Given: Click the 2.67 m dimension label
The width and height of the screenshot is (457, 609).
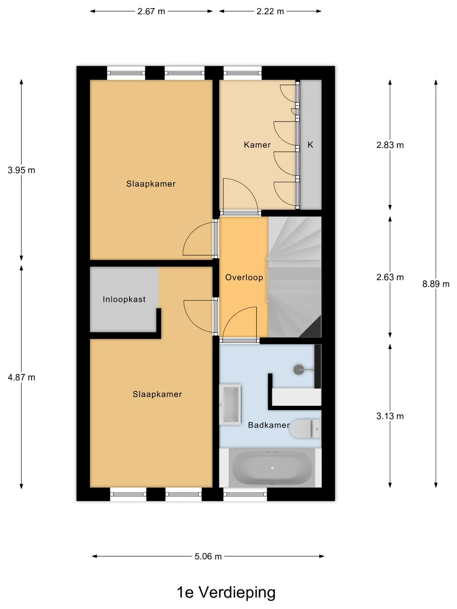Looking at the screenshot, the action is [x=151, y=11].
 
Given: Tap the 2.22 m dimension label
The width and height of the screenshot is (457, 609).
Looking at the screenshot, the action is [x=270, y=11].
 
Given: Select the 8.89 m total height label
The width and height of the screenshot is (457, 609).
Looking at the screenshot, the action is [x=436, y=284].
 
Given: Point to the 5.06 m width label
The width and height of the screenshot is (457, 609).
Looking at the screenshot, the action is [x=208, y=556].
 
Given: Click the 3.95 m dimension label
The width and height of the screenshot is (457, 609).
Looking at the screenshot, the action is [x=21, y=170].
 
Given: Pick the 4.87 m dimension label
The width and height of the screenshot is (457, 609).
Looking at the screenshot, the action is [x=21, y=377].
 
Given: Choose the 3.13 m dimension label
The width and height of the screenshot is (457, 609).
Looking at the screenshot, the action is [x=390, y=416].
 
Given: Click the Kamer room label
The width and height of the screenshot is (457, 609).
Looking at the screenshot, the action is [x=257, y=145].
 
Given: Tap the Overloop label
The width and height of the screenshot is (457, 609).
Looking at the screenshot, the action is [x=244, y=278].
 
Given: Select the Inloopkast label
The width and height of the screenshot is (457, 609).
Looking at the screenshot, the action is [x=124, y=299].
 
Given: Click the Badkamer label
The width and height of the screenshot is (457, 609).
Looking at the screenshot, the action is [x=269, y=425].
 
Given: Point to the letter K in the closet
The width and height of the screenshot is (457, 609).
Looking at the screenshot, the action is [x=310, y=145].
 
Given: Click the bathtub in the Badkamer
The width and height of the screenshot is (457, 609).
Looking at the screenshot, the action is [x=272, y=468].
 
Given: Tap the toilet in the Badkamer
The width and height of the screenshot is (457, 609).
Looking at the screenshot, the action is [x=306, y=429].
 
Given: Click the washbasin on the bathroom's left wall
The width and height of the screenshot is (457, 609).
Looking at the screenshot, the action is [x=230, y=404].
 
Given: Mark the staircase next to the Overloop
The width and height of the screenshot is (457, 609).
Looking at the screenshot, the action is [x=295, y=277].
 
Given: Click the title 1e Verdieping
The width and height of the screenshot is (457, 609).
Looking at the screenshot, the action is [x=226, y=592].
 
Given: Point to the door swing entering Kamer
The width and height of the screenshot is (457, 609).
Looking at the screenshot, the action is [x=241, y=194].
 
